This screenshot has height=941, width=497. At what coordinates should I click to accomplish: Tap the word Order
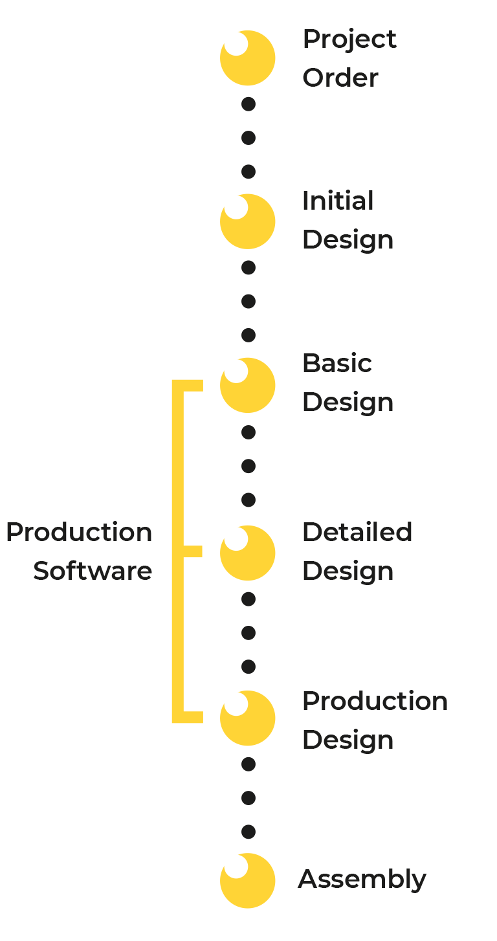(x=340, y=78)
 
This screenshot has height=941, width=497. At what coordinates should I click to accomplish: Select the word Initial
(x=338, y=201)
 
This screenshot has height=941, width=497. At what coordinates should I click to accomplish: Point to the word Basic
(x=337, y=363)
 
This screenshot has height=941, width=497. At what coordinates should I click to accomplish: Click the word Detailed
(x=357, y=532)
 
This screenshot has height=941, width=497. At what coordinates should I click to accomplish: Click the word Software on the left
(x=93, y=571)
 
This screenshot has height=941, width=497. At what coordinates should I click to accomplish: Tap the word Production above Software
(x=79, y=532)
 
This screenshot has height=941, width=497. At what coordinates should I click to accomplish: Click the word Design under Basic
(x=348, y=404)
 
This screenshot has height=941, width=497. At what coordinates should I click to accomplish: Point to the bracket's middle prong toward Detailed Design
(x=193, y=551)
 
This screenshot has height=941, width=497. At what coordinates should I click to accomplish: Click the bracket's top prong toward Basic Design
(x=193, y=386)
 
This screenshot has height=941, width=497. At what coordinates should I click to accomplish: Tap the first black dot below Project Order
(x=248, y=104)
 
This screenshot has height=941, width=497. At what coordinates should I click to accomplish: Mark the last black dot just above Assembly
(x=248, y=832)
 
